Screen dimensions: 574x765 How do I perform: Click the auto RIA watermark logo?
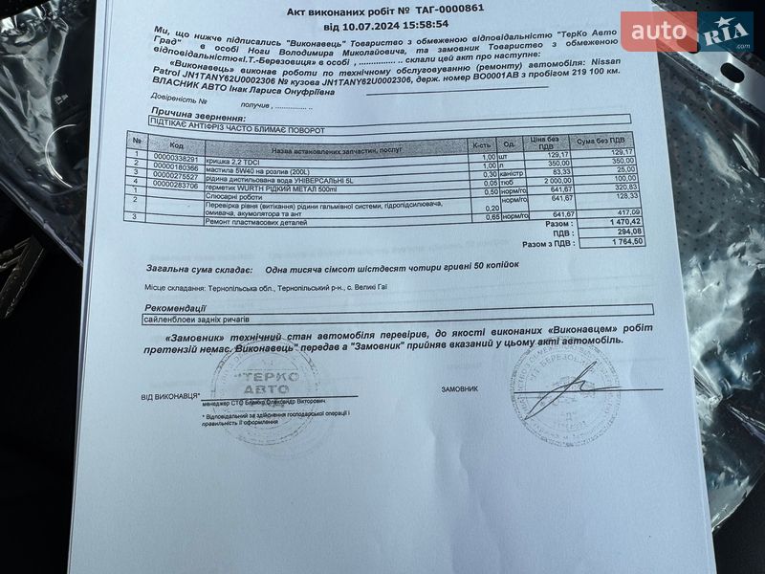[687, 33]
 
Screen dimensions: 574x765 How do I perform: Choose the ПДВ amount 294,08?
[626, 232]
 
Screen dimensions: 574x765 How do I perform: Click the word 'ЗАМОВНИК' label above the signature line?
[465, 389]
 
